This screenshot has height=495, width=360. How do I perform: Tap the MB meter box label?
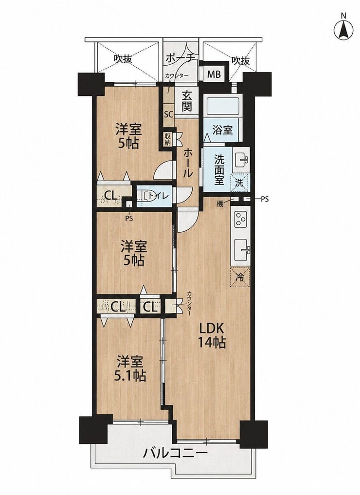214,75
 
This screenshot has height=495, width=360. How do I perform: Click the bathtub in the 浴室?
223,107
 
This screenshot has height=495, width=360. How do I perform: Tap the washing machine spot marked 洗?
240,183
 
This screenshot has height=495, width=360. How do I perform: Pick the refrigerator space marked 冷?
240,277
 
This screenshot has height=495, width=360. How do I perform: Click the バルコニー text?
176,454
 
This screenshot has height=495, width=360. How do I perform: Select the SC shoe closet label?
168,114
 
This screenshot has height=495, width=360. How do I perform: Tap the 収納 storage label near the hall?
167,139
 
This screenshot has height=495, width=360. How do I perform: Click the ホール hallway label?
187,164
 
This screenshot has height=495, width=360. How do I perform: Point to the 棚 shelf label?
220,204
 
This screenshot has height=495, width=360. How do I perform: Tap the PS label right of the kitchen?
264,199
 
